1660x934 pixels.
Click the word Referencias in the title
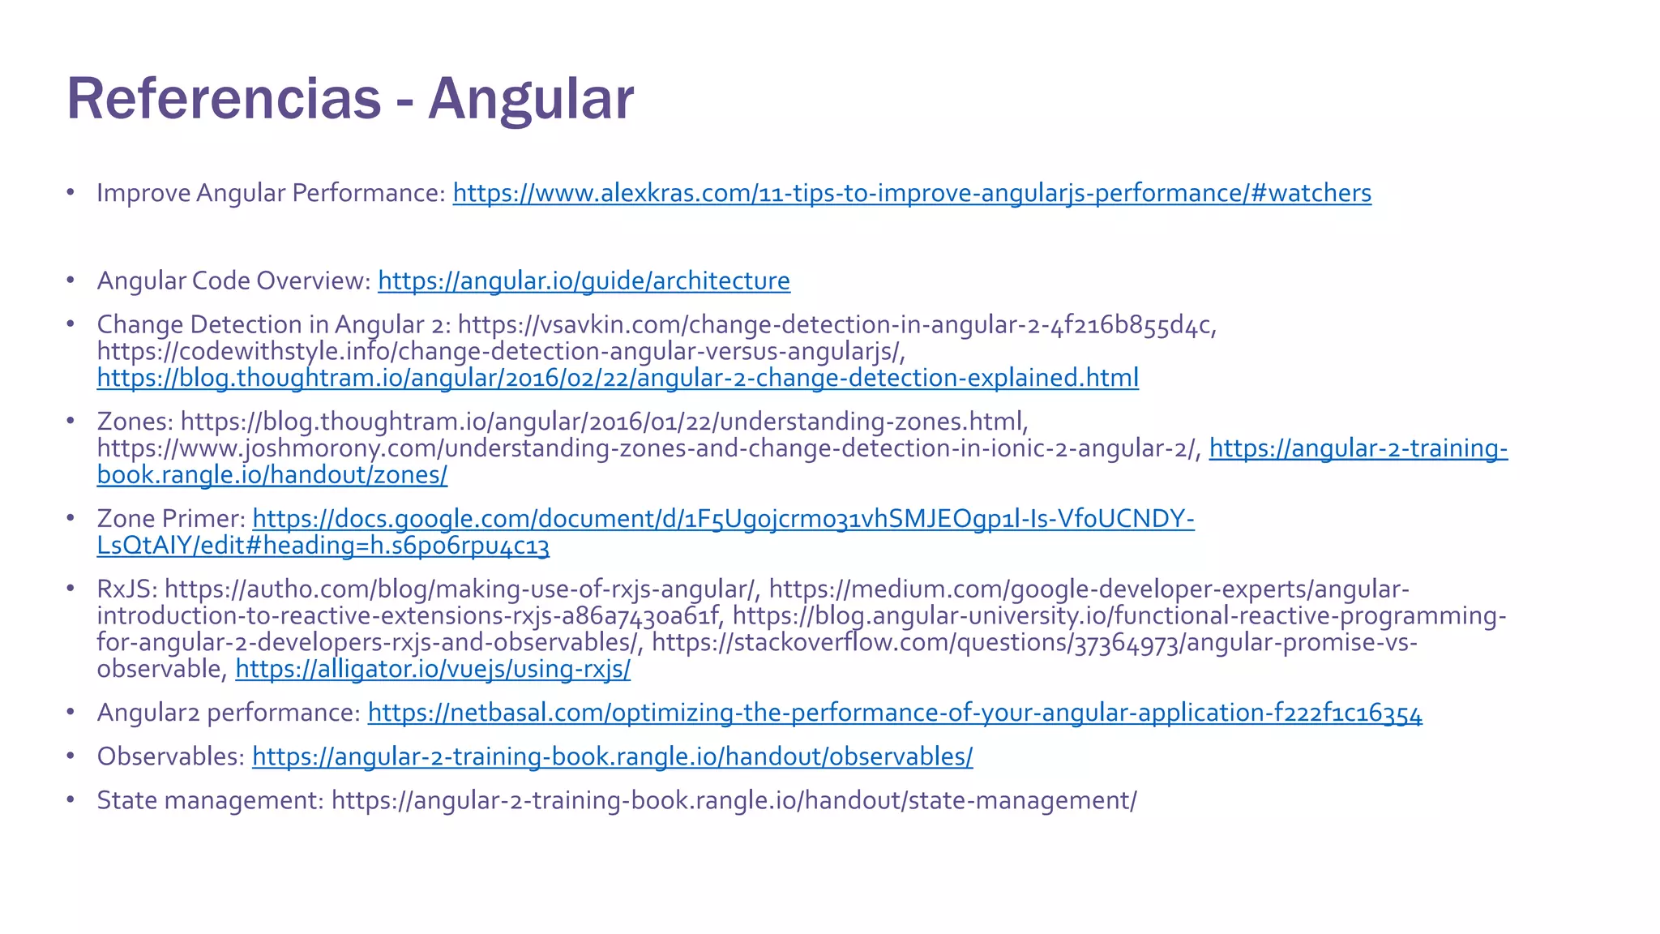[223, 99]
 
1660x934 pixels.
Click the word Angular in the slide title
[531, 99]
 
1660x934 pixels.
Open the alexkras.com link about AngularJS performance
[912, 193]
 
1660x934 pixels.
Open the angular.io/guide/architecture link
[584, 281]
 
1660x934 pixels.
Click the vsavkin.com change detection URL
[836, 324]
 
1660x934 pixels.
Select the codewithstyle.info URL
[499, 351]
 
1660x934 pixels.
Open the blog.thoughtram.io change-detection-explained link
[618, 378]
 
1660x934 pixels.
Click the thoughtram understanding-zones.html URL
[604, 422]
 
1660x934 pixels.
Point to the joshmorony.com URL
[648, 448]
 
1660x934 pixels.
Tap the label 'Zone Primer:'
[171, 518]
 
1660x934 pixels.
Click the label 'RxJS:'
[127, 589]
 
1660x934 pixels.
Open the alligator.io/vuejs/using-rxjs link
[433, 669]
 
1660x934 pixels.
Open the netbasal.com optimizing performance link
[895, 713]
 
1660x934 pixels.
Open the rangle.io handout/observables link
[612, 756]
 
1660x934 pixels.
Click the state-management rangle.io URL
[734, 800]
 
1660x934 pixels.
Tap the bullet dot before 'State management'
[71, 800]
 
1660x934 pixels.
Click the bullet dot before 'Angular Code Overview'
[71, 281]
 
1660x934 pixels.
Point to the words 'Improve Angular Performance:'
[271, 193]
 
